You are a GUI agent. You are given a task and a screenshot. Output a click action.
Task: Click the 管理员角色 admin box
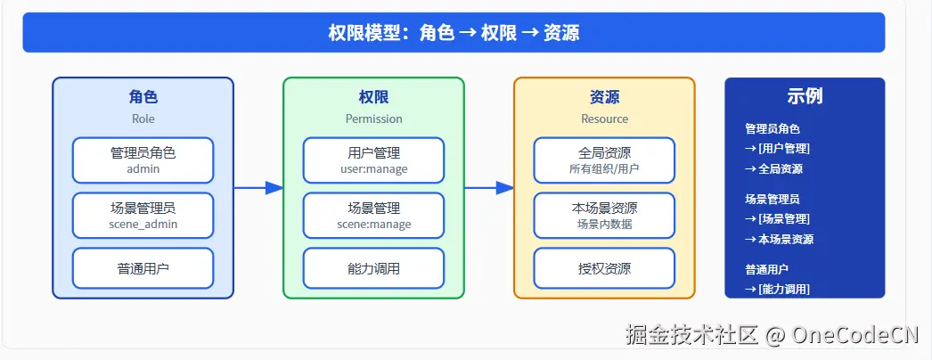[x=143, y=160]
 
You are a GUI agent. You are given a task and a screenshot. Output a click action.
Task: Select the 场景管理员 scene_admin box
[x=143, y=216]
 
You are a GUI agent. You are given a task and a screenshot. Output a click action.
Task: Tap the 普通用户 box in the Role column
[x=143, y=268]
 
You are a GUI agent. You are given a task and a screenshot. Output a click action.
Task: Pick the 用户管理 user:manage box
[x=373, y=160]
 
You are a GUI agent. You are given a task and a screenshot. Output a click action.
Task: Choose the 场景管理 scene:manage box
[x=373, y=216]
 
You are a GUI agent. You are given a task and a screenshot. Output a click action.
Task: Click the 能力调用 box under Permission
[x=373, y=268]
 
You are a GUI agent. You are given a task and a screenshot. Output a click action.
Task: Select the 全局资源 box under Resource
[x=604, y=160]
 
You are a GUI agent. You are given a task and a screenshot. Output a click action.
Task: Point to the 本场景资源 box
[x=604, y=216]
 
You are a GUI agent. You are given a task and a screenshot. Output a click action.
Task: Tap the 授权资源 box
[x=604, y=268]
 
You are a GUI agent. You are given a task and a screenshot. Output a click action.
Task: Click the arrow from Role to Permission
[x=258, y=188]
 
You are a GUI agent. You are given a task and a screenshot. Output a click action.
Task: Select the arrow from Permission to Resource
[x=489, y=188]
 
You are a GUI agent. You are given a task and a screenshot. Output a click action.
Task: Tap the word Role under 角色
[x=143, y=119]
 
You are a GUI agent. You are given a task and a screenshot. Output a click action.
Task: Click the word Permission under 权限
[x=373, y=119]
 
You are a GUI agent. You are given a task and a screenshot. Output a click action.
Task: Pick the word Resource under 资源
[x=604, y=119]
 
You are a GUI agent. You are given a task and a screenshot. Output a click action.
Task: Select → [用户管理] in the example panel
[x=777, y=149]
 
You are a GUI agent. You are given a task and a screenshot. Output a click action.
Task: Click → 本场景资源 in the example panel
[x=779, y=239]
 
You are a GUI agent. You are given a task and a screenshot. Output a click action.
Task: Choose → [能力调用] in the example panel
[x=777, y=289]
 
